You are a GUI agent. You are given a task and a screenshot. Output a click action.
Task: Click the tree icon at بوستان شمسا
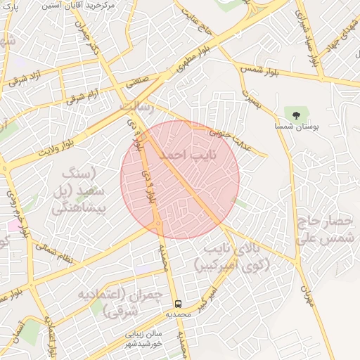295,114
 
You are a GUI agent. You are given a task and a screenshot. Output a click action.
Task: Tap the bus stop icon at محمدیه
179,304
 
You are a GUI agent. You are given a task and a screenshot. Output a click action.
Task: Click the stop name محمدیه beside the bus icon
178,314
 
